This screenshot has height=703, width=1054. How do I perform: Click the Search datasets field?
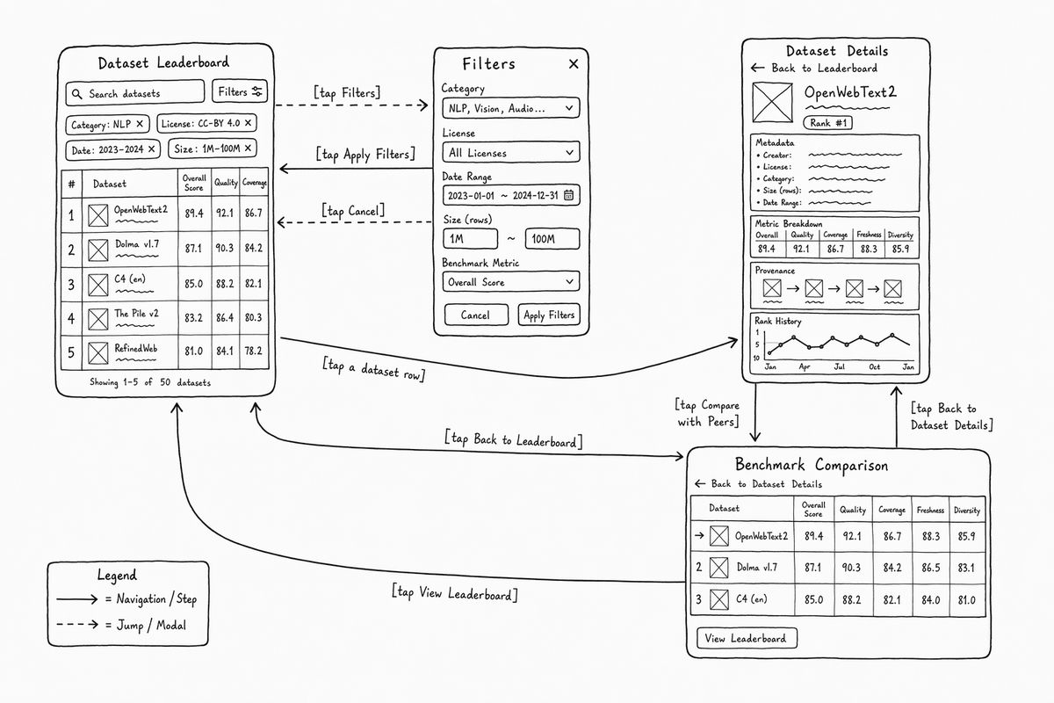pos(135,93)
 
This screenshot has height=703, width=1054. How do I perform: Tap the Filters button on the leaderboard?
pos(240,91)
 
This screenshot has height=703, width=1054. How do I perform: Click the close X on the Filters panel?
pos(573,64)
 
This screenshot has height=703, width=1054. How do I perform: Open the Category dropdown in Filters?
pos(511,108)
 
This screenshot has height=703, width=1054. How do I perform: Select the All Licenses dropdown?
pos(511,152)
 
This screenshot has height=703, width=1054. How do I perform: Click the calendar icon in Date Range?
pos(568,195)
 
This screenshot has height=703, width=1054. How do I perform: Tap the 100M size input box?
pos(552,239)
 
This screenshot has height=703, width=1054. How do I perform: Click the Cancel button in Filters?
pos(476,315)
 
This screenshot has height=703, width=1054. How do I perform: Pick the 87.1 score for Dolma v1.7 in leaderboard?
pos(193,248)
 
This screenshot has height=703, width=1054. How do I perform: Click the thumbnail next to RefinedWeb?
pos(97,353)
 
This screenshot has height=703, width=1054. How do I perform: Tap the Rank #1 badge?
pos(827,123)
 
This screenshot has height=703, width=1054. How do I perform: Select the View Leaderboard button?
pos(747,638)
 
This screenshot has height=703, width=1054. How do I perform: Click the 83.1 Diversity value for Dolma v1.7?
pos(966,568)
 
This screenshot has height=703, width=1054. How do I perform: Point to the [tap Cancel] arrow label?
pos(353,211)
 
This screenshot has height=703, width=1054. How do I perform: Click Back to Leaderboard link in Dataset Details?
pos(814,69)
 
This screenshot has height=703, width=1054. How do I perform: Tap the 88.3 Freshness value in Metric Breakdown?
pos(869,249)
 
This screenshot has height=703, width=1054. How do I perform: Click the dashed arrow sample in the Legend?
pos(77,625)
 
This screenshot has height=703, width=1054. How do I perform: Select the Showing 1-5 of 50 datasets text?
pos(150,382)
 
